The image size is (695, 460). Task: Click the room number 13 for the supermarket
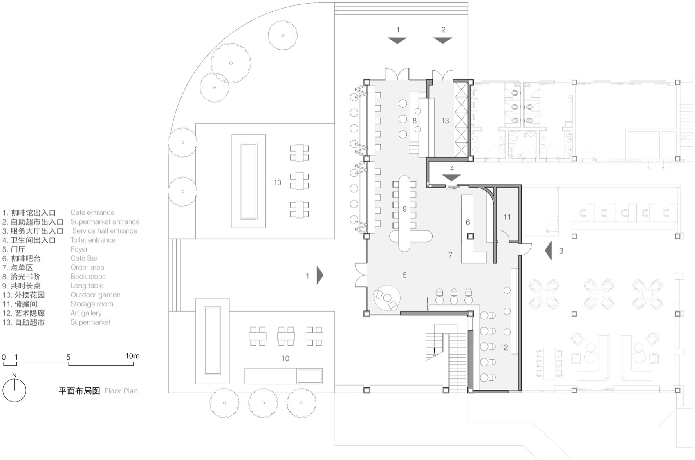coord(445,121)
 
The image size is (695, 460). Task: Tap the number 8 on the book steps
coord(415,121)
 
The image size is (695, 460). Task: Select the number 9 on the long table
coord(404,209)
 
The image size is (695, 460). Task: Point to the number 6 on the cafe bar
coord(468,222)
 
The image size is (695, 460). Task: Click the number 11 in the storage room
coord(507,217)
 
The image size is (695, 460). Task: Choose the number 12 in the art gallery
coord(504,347)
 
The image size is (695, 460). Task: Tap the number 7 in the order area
coord(450,255)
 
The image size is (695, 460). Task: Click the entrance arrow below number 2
coord(443,40)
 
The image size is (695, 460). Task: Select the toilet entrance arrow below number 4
coord(451,178)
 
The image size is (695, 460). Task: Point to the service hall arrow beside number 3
coord(549,250)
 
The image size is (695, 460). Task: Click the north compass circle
coord(14,390)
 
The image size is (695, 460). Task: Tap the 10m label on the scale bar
coord(132,356)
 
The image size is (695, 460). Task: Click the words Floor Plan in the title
coord(121,391)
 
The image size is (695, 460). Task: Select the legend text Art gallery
coord(86,313)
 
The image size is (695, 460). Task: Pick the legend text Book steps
coord(88,277)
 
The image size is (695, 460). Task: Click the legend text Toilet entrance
coord(93,240)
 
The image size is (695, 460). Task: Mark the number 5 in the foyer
coord(404,275)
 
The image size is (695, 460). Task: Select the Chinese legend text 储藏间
coord(26,304)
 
